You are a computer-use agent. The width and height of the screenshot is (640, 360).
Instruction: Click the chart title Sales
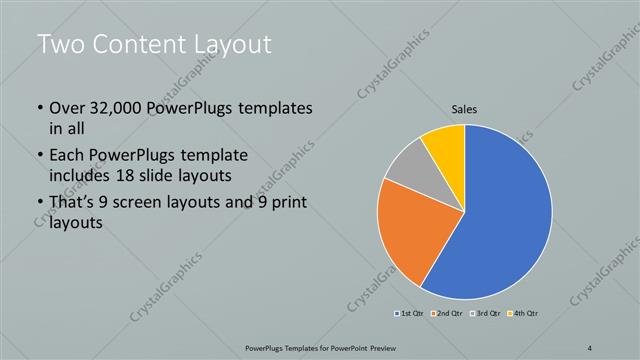[x=465, y=109]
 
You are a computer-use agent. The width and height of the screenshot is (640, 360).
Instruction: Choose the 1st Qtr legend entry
[x=408, y=314]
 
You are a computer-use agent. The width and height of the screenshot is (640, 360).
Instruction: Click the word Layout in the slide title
[x=225, y=45]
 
